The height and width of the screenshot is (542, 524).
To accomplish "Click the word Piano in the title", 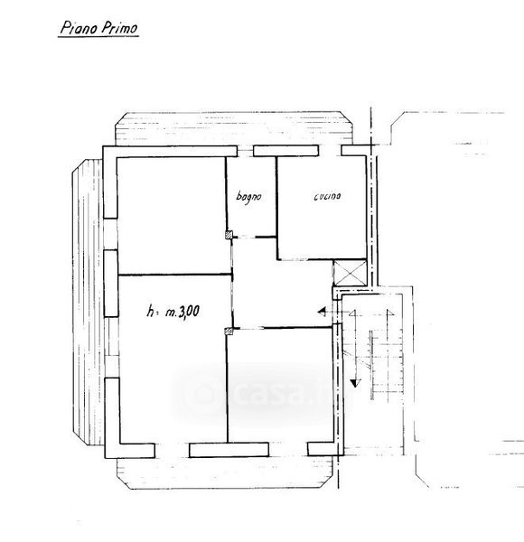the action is [x=78, y=28].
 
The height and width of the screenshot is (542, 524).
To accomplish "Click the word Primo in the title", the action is [x=119, y=28].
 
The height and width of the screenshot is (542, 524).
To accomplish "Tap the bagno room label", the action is [x=248, y=197].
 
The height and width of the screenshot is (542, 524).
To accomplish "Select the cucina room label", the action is [x=327, y=196].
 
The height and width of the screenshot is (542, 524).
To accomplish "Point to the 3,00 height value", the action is [x=187, y=312].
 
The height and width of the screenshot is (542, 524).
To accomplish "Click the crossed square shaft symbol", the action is [x=350, y=273].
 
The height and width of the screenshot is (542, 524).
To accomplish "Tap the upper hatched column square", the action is [x=229, y=235].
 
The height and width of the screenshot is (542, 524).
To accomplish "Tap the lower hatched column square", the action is [x=229, y=332].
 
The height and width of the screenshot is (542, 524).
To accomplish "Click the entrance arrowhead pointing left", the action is [x=323, y=312].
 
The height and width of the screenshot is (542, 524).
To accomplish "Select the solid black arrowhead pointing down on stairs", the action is [x=355, y=383].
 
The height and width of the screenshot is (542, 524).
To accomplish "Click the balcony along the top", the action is [x=234, y=128].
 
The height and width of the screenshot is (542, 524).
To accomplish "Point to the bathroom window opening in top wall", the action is [x=245, y=151].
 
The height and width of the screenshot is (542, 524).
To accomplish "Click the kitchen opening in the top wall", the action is [x=330, y=151].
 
